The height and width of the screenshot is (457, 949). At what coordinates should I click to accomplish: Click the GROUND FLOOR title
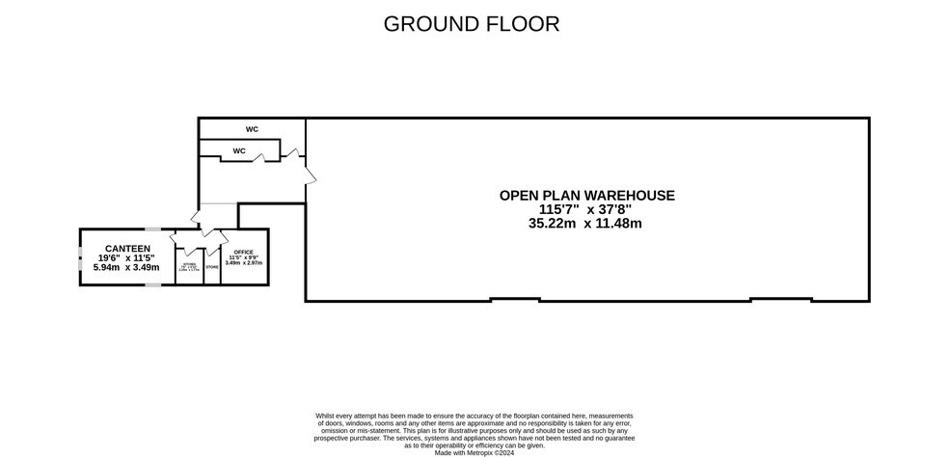tap(471, 23)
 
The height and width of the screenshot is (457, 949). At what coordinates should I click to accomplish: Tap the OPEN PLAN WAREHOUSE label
tap(586, 195)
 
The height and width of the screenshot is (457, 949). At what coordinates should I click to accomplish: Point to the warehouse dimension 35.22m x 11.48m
tap(585, 223)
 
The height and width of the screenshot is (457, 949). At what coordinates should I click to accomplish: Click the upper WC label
tap(252, 129)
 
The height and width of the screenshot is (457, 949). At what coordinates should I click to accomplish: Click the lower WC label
tap(238, 150)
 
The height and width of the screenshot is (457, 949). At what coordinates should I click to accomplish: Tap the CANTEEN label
tap(126, 248)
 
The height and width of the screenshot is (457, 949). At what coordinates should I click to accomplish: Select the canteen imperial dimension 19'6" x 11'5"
tap(126, 257)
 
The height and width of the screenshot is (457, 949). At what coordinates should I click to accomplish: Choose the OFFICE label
tap(243, 253)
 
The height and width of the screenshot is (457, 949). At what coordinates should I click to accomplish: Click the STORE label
tap(212, 267)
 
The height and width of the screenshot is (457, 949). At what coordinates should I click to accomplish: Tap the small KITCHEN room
tap(189, 267)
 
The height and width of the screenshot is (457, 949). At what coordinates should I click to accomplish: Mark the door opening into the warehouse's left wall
tap(309, 174)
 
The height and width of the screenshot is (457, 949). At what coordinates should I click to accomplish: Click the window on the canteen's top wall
tap(152, 228)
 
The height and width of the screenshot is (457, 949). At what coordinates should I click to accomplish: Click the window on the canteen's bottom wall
tap(152, 285)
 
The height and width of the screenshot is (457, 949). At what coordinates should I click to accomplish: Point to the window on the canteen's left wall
tap(80, 257)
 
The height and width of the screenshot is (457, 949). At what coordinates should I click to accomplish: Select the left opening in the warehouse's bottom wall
tap(514, 300)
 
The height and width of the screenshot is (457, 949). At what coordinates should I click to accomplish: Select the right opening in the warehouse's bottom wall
tap(780, 300)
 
